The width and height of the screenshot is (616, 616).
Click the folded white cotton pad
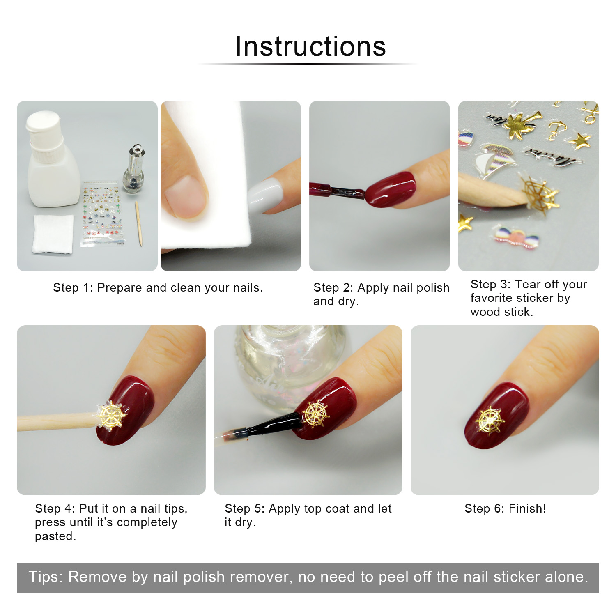(53, 234)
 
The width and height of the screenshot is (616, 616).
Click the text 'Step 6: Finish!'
(505, 508)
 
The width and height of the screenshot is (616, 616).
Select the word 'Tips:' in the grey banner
(46, 577)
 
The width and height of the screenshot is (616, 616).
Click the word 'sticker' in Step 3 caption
(533, 298)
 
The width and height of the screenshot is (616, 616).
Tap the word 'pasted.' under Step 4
(55, 536)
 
